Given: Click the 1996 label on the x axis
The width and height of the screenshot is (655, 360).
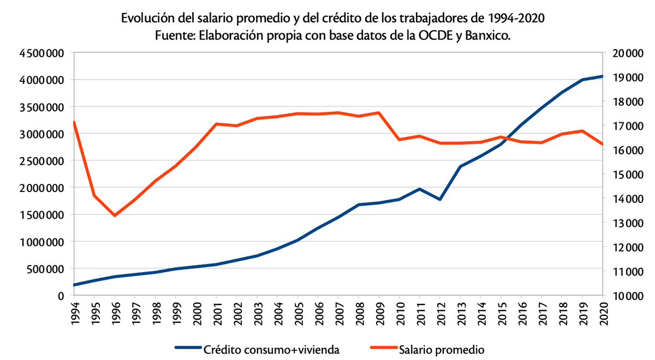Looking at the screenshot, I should pyautogui.click(x=115, y=314).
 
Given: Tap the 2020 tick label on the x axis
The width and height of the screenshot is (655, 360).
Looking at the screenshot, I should pyautogui.click(x=603, y=314).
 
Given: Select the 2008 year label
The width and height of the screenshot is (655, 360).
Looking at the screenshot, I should pyautogui.click(x=359, y=314).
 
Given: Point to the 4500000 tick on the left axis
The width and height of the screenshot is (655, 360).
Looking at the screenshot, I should pyautogui.click(x=41, y=53).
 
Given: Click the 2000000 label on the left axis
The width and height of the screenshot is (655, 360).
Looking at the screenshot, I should pyautogui.click(x=41, y=188).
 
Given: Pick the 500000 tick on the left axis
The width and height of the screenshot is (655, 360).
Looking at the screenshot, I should pyautogui.click(x=45, y=268).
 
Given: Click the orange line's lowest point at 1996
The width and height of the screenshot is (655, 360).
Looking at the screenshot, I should pyautogui.click(x=115, y=215).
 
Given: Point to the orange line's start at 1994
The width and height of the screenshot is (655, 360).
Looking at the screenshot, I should pyautogui.click(x=74, y=122).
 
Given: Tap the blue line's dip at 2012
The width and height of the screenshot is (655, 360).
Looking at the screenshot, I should pyautogui.click(x=440, y=200).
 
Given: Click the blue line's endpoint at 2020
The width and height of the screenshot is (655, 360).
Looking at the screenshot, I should pyautogui.click(x=602, y=76).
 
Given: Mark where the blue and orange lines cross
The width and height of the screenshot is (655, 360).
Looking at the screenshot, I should pyautogui.click(x=507, y=139).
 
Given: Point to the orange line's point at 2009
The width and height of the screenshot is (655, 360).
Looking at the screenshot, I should pyautogui.click(x=379, y=113).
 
